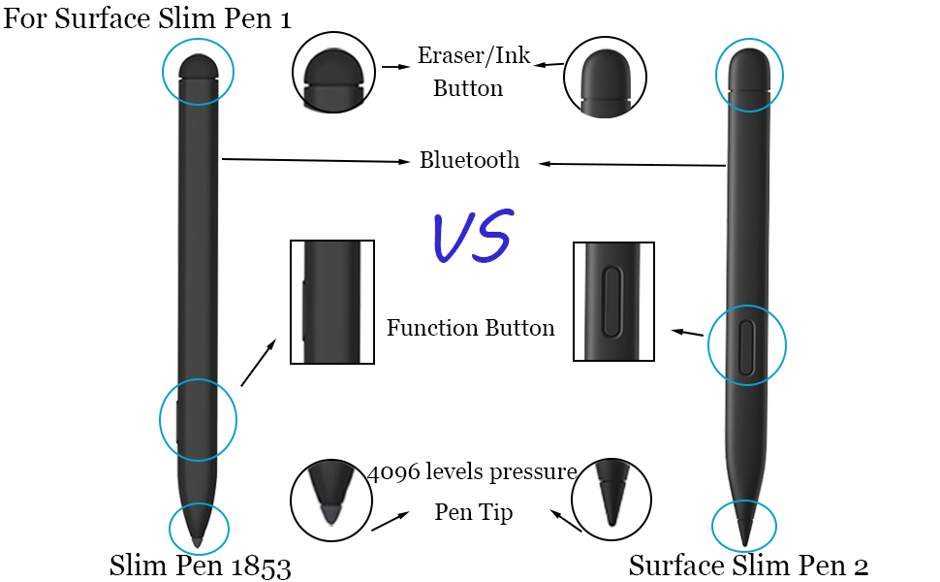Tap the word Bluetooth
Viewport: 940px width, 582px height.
coord(469,161)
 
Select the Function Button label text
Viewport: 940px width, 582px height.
coord(470,328)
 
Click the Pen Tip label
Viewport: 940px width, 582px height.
coord(474,512)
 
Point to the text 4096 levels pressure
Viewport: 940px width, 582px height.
coord(473,472)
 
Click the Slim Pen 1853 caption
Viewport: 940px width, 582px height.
coord(200,565)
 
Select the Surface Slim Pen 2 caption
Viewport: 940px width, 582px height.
coord(748,565)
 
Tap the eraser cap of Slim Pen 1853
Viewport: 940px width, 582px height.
coord(198,67)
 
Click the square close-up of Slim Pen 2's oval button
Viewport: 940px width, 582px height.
coord(613,302)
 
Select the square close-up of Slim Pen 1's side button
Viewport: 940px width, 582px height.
coord(331,302)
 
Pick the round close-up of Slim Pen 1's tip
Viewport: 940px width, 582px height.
coord(332,500)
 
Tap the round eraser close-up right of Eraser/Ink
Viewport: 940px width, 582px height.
coord(606,77)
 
